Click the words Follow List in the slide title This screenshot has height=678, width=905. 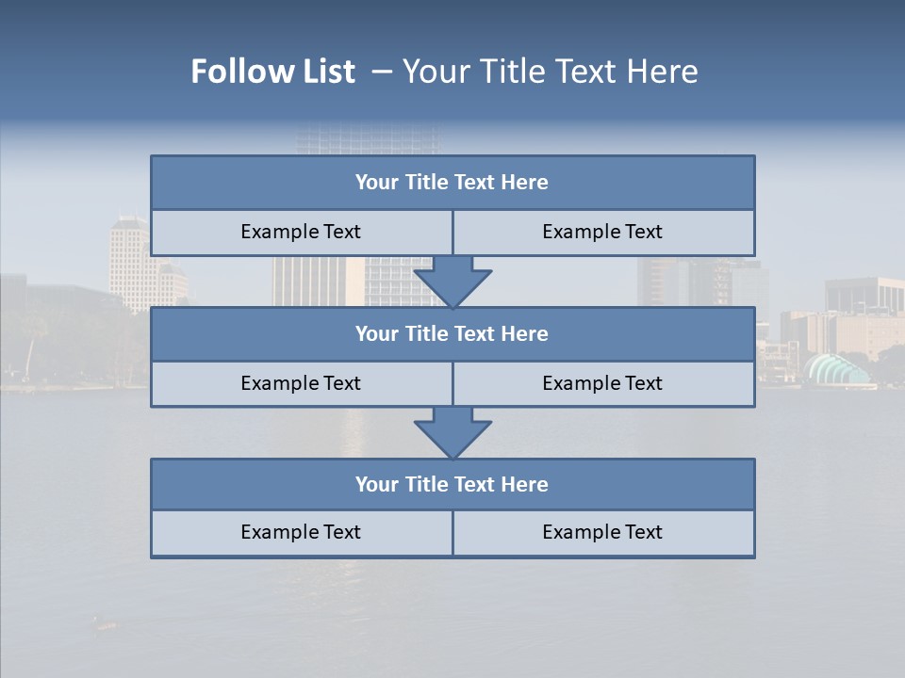[x=273, y=72]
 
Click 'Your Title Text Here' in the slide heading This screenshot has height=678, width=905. [x=550, y=72]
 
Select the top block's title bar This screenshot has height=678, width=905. [x=452, y=183]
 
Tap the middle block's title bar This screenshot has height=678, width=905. [x=452, y=334]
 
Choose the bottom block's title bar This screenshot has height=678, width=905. [x=452, y=485]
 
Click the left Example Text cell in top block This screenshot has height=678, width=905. [x=301, y=233]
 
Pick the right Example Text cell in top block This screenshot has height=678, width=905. [x=602, y=233]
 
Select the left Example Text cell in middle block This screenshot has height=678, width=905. [x=301, y=383]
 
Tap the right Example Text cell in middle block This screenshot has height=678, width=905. [x=602, y=383]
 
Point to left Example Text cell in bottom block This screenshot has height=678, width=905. [x=301, y=532]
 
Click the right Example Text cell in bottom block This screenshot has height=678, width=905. [x=602, y=532]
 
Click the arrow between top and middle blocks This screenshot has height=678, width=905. [x=452, y=282]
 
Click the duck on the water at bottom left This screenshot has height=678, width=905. [x=104, y=622]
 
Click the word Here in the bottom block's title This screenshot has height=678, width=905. [x=525, y=485]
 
